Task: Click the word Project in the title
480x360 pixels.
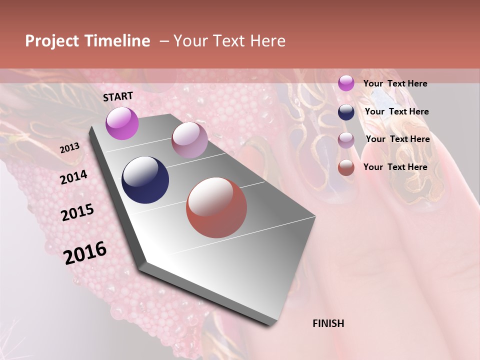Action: click(x=52, y=41)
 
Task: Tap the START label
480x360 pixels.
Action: click(x=118, y=96)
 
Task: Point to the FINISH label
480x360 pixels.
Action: click(x=328, y=323)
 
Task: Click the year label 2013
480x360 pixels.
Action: click(x=69, y=148)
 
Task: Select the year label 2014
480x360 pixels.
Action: click(x=73, y=177)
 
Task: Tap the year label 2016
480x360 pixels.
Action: click(x=85, y=252)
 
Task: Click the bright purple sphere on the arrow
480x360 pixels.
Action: click(x=122, y=123)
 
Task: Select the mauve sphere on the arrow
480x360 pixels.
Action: click(x=189, y=139)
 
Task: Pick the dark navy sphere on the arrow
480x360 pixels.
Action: click(x=145, y=180)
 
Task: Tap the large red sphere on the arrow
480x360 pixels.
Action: click(x=216, y=207)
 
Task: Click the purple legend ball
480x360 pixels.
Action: click(x=346, y=83)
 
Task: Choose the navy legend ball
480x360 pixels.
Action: click(x=346, y=112)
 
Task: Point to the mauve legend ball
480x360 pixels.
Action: click(x=346, y=140)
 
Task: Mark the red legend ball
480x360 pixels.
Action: click(x=346, y=167)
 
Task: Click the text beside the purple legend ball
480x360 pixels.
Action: click(x=395, y=83)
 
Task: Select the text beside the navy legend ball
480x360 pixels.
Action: click(x=396, y=111)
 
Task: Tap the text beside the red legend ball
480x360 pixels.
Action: click(x=395, y=167)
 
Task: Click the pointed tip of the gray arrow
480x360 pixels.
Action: click(x=273, y=323)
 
